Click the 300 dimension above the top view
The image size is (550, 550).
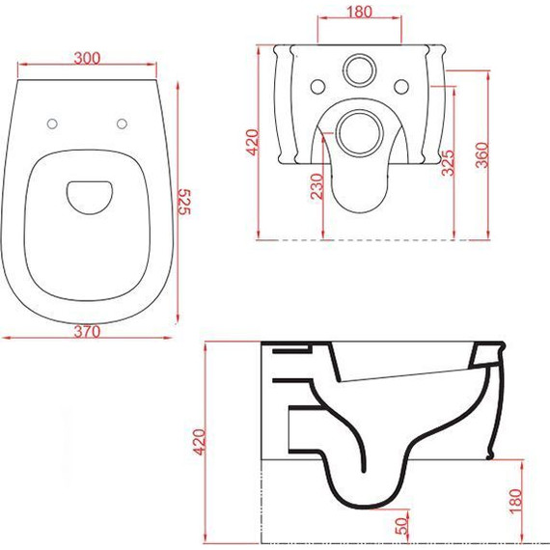(87, 58)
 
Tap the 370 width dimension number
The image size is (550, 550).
(87, 330)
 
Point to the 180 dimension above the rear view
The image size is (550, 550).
(361, 12)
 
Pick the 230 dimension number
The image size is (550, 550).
(316, 186)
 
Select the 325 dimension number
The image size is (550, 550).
(447, 162)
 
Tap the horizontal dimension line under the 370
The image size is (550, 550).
(87, 339)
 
